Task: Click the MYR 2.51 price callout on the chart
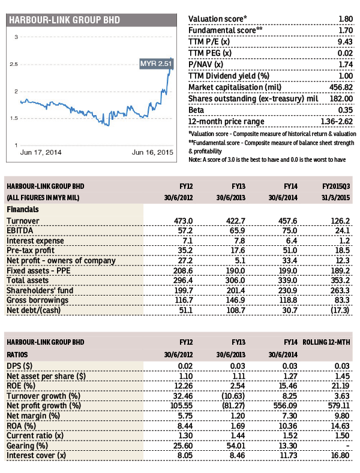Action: pos(156,64)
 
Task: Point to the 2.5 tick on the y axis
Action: pos(14,64)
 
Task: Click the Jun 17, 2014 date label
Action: pos(41,152)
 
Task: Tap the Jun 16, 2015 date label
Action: pos(152,152)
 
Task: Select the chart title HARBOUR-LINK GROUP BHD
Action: pos(64,20)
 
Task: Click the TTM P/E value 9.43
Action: pos(345,41)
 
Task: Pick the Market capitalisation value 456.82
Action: pos(341,87)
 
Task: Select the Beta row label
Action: pos(196,110)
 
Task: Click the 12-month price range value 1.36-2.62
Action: pos(337,122)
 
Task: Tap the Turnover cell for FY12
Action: pos(183,221)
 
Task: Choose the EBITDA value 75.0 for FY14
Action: pos(290,231)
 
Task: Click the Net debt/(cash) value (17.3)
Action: pos(340,310)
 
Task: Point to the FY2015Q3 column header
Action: pos(336,186)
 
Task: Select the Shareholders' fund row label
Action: pos(40,291)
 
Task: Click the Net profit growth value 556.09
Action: pos(285,406)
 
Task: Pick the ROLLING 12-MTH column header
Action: pos(326,342)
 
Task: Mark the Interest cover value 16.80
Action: pos(340,456)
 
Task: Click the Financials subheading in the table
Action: pos(23,209)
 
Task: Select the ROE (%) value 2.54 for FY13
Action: pos(238,386)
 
